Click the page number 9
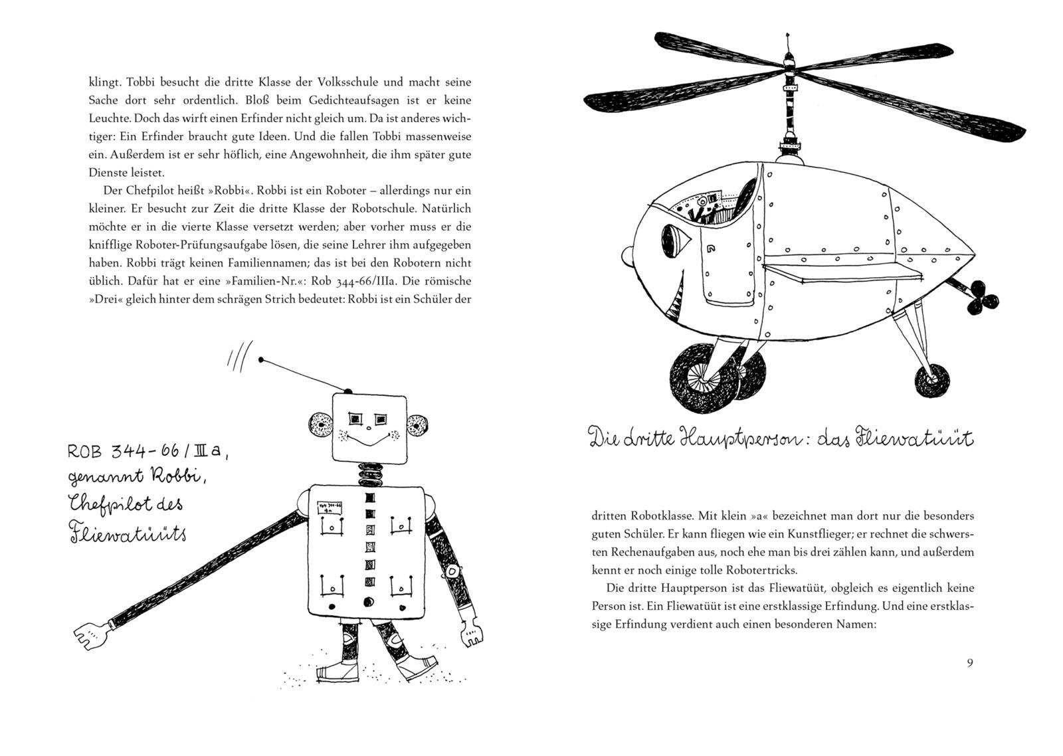pyautogui.click(x=970, y=662)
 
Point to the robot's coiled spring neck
pyautogui.click(x=368, y=473)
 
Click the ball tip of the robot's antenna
pyautogui.click(x=262, y=360)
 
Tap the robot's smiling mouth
pyautogui.click(x=368, y=441)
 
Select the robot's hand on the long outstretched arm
pyautogui.click(x=91, y=635)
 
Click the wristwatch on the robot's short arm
pyautogui.click(x=453, y=570)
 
